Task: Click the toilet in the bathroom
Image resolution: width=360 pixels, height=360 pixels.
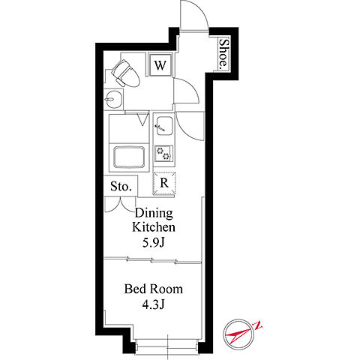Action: pos(125,73)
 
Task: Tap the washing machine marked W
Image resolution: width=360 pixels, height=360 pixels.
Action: pos(160,65)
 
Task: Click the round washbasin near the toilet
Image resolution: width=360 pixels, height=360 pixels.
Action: pos(113,100)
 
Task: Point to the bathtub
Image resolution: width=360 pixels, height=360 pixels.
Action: pos(129,157)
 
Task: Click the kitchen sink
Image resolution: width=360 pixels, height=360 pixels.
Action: pos(163,126)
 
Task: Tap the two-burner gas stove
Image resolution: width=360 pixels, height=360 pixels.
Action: pos(163,153)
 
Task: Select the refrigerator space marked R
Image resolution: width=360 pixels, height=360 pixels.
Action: pos(164,183)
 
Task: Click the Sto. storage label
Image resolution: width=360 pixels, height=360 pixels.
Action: pos(121,186)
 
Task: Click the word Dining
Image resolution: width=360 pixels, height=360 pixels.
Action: pos(154,213)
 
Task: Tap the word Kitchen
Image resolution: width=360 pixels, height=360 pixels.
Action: pos(154,227)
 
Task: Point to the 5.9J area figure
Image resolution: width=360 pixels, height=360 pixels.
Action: pos(154,242)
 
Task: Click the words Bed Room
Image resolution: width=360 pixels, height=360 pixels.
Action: pos(154,289)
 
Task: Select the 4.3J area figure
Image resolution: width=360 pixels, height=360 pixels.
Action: pos(154,304)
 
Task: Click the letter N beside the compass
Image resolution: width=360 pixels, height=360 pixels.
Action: pos(258,325)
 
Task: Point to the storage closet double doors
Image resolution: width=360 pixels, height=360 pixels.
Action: pos(121,205)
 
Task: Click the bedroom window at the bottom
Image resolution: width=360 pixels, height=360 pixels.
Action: pos(167,346)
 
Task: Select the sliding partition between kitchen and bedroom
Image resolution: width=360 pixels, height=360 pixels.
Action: pos(153,260)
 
